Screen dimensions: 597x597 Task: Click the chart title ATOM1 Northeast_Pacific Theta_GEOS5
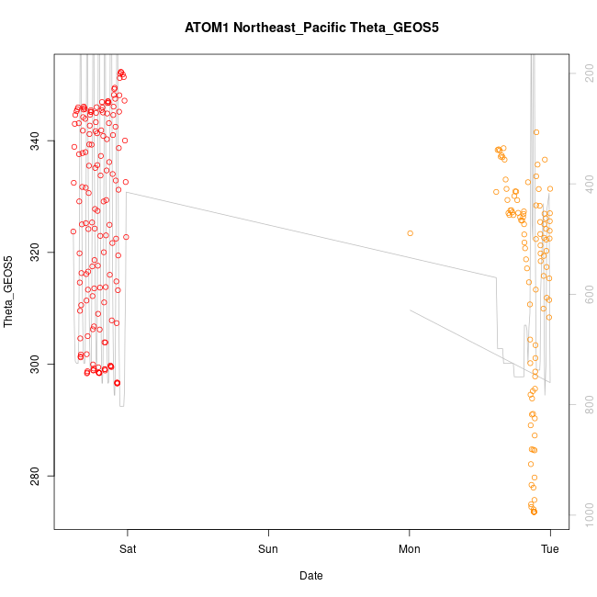click(x=311, y=28)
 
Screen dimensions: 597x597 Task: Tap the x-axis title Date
click(x=311, y=576)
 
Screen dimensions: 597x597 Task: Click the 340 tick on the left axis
click(x=34, y=141)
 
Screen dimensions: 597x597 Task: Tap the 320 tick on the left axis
click(x=34, y=253)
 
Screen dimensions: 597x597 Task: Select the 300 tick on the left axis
click(x=34, y=365)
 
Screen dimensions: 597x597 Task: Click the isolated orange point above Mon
click(x=410, y=233)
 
